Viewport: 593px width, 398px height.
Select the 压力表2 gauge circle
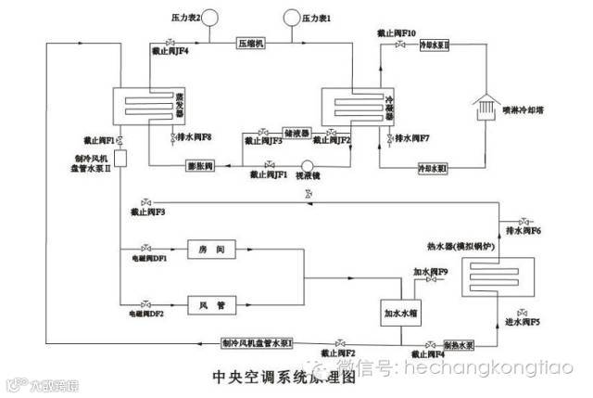click(x=207, y=16)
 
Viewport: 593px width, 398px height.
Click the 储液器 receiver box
click(x=295, y=135)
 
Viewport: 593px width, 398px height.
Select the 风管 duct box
click(x=207, y=303)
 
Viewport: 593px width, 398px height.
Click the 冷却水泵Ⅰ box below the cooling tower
click(x=432, y=168)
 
